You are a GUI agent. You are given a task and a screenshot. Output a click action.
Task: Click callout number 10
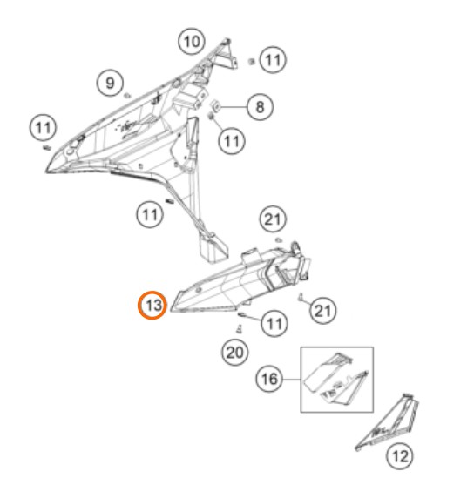point(191,41)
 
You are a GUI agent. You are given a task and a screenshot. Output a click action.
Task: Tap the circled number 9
point(110,83)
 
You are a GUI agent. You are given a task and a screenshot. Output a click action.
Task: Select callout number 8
point(260,107)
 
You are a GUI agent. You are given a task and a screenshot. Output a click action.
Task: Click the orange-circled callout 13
point(152,305)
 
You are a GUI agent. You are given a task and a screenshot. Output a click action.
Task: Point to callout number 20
point(234,353)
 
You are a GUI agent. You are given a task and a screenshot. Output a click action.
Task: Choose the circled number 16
point(269,379)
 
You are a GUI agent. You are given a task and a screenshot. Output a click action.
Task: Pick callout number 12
point(400,456)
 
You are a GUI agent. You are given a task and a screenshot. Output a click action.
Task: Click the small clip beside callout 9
point(127,96)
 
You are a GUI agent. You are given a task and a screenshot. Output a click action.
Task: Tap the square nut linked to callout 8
point(216,105)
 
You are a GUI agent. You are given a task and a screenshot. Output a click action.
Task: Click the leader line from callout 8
point(234,107)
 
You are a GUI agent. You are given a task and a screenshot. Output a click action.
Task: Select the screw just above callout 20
point(239,329)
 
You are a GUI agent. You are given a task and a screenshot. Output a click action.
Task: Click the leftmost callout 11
point(43,128)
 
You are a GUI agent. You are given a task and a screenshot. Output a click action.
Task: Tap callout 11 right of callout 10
point(273,60)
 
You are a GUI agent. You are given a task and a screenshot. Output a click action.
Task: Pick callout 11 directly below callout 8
point(232,141)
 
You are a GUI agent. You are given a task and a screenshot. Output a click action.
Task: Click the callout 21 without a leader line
point(273,219)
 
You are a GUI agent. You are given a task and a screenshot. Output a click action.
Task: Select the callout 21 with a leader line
point(323,311)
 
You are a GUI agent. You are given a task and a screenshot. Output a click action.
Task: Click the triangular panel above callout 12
point(388,421)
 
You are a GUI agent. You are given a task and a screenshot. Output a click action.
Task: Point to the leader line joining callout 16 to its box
point(292,380)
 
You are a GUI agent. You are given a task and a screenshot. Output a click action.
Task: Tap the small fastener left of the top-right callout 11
point(252,62)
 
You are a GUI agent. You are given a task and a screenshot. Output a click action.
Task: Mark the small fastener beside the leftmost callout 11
point(47,148)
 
